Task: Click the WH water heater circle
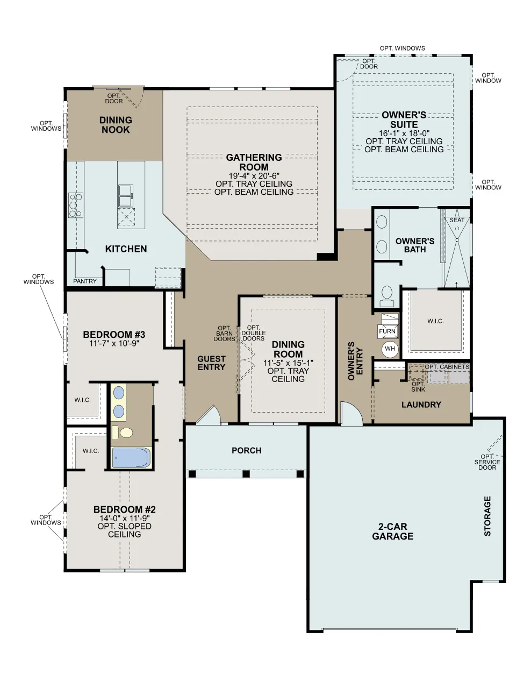point(390,349)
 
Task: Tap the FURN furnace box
point(388,327)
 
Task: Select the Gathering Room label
point(254,162)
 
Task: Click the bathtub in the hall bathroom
point(132,458)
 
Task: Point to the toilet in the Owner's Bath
point(387,296)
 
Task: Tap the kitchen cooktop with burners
point(76,206)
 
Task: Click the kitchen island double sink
point(126,195)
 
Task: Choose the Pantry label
point(85,281)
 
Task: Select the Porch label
point(247,450)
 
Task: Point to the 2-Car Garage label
point(392,532)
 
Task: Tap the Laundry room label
point(421,405)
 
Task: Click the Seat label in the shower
point(457,220)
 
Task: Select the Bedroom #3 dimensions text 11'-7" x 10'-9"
point(114,343)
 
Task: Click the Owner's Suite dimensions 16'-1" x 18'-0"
point(404,133)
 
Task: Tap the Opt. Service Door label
point(487,462)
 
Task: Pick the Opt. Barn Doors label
point(225,333)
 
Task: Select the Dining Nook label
point(116,125)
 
